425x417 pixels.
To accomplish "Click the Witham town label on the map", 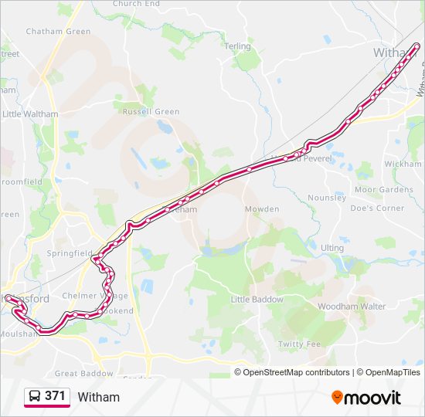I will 394,53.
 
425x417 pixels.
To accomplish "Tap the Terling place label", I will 238,46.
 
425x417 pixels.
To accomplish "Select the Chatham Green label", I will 58,32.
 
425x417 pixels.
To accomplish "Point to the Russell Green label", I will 151,111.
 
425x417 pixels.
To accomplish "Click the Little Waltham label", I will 30,114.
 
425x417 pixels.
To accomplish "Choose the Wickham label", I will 403,164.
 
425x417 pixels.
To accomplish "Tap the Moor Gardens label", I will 384,189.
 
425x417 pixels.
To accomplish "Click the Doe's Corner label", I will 377,208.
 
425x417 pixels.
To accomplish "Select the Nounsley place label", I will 327,198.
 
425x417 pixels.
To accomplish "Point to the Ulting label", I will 332,247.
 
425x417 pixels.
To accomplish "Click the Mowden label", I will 262,209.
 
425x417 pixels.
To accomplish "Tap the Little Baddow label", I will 257,299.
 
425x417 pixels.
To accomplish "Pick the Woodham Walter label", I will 352,307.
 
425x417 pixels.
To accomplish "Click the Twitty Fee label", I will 299,344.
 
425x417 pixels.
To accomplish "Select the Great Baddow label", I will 85,374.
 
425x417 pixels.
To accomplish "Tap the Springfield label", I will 69,253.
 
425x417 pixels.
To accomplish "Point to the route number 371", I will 55,395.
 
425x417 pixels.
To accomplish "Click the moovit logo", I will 366,398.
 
